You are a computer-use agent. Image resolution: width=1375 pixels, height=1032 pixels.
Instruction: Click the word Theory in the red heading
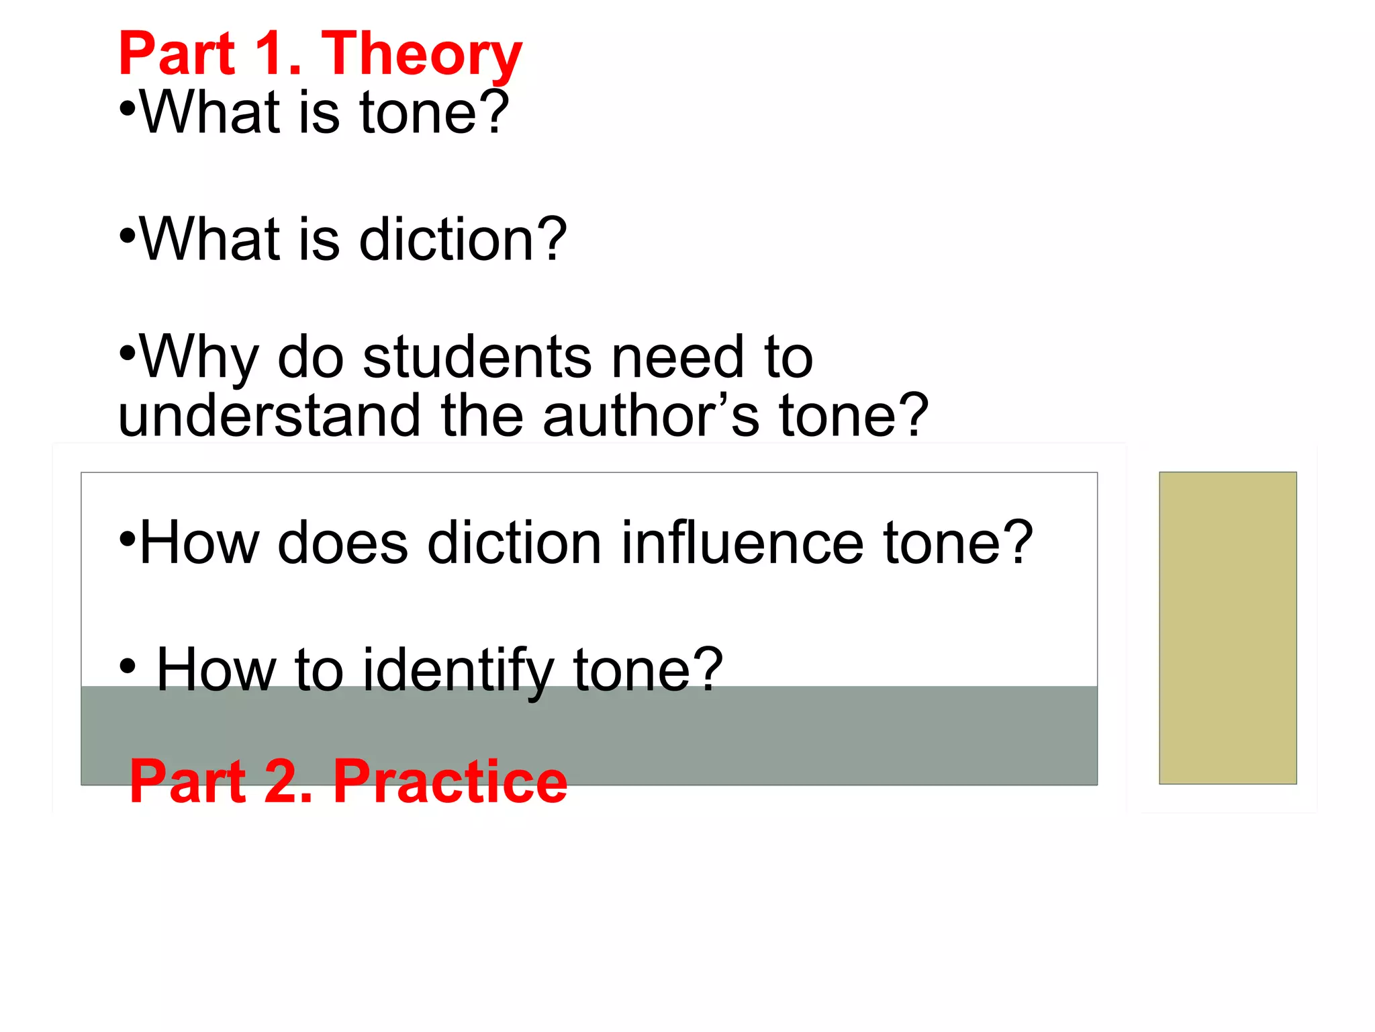click(x=422, y=55)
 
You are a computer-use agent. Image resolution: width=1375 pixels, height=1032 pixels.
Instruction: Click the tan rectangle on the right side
click(x=1227, y=628)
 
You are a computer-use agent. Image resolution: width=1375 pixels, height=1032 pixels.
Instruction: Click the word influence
click(x=743, y=542)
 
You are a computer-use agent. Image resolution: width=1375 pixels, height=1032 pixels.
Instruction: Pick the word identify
click(x=459, y=670)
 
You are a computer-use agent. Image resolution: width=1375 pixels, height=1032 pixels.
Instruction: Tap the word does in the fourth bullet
click(x=343, y=542)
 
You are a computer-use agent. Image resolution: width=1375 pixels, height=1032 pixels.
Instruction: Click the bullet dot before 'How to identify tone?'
click(x=128, y=666)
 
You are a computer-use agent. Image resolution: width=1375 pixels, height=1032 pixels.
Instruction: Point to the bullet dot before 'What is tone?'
click(x=128, y=107)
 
